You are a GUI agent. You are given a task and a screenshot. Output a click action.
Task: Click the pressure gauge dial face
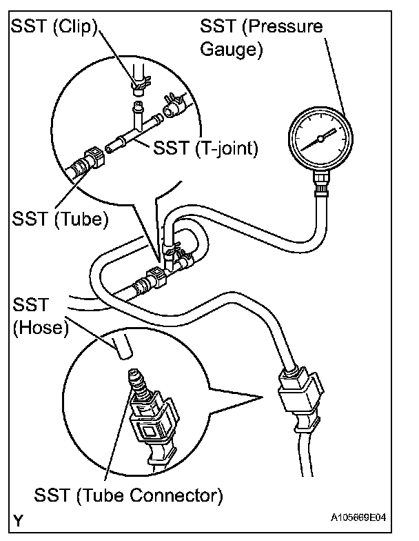320,139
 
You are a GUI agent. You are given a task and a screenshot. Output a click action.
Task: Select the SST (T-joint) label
207,148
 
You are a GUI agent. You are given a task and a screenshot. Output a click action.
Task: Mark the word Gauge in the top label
227,50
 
